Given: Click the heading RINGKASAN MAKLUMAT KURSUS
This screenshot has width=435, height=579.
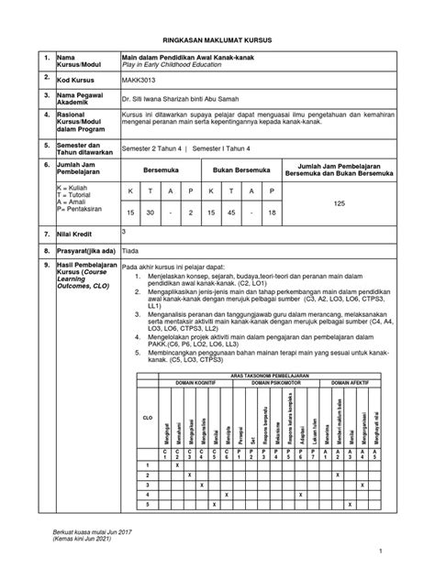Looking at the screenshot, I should (x=217, y=42).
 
